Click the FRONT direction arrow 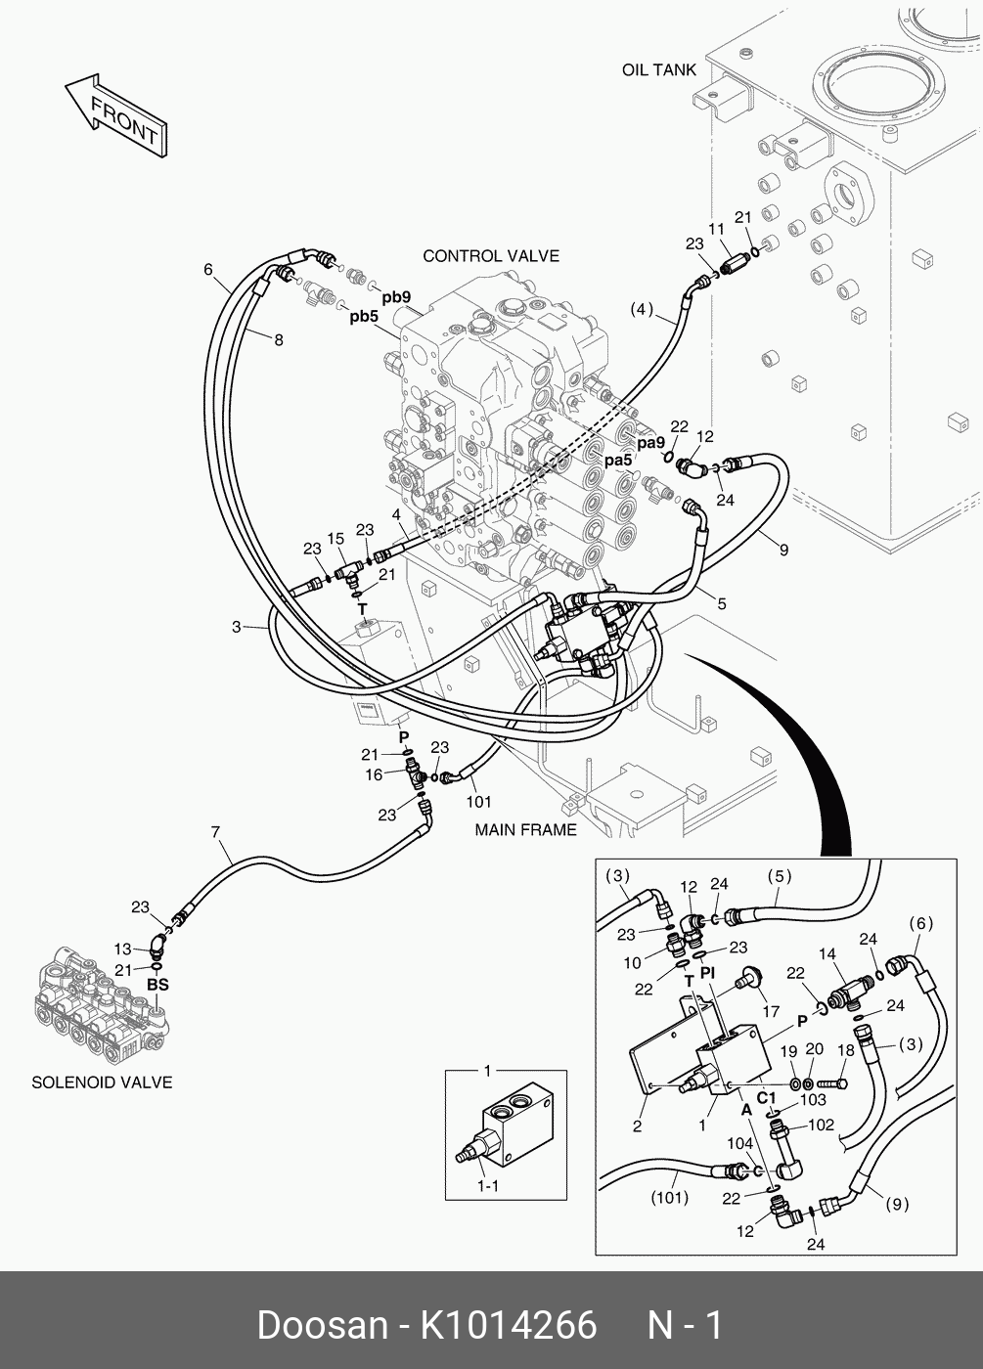[x=116, y=115]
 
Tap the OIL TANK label [x=659, y=70]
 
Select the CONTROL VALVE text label [x=491, y=256]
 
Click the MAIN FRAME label [x=526, y=829]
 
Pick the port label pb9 [x=396, y=297]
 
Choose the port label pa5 [x=618, y=461]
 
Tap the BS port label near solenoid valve [x=157, y=985]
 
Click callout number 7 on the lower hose [x=215, y=832]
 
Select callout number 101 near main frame [x=478, y=801]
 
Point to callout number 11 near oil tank [x=716, y=229]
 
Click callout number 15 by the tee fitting [x=335, y=539]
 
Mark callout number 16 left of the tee [x=374, y=774]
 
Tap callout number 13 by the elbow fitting [x=122, y=949]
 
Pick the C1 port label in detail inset [x=766, y=1098]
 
